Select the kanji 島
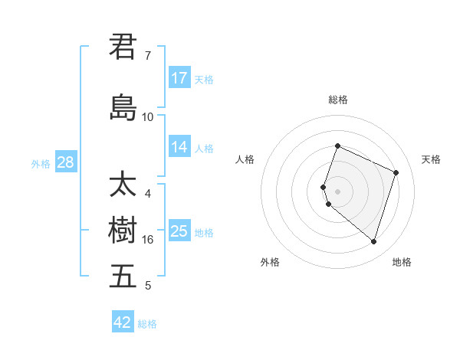123,106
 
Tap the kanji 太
123,185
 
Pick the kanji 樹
123,231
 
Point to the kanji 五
123,277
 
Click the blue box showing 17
179,78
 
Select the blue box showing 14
179,147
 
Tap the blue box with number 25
179,231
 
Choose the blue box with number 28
64,162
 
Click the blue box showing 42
123,322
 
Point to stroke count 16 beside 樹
148,240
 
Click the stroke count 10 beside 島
148,116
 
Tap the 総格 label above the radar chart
338,100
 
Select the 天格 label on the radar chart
432,159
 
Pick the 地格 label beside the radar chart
402,262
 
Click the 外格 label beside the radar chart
270,262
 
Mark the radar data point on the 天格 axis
396,172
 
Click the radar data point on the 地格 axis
373,242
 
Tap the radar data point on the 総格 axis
337,146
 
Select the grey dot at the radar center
337,191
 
